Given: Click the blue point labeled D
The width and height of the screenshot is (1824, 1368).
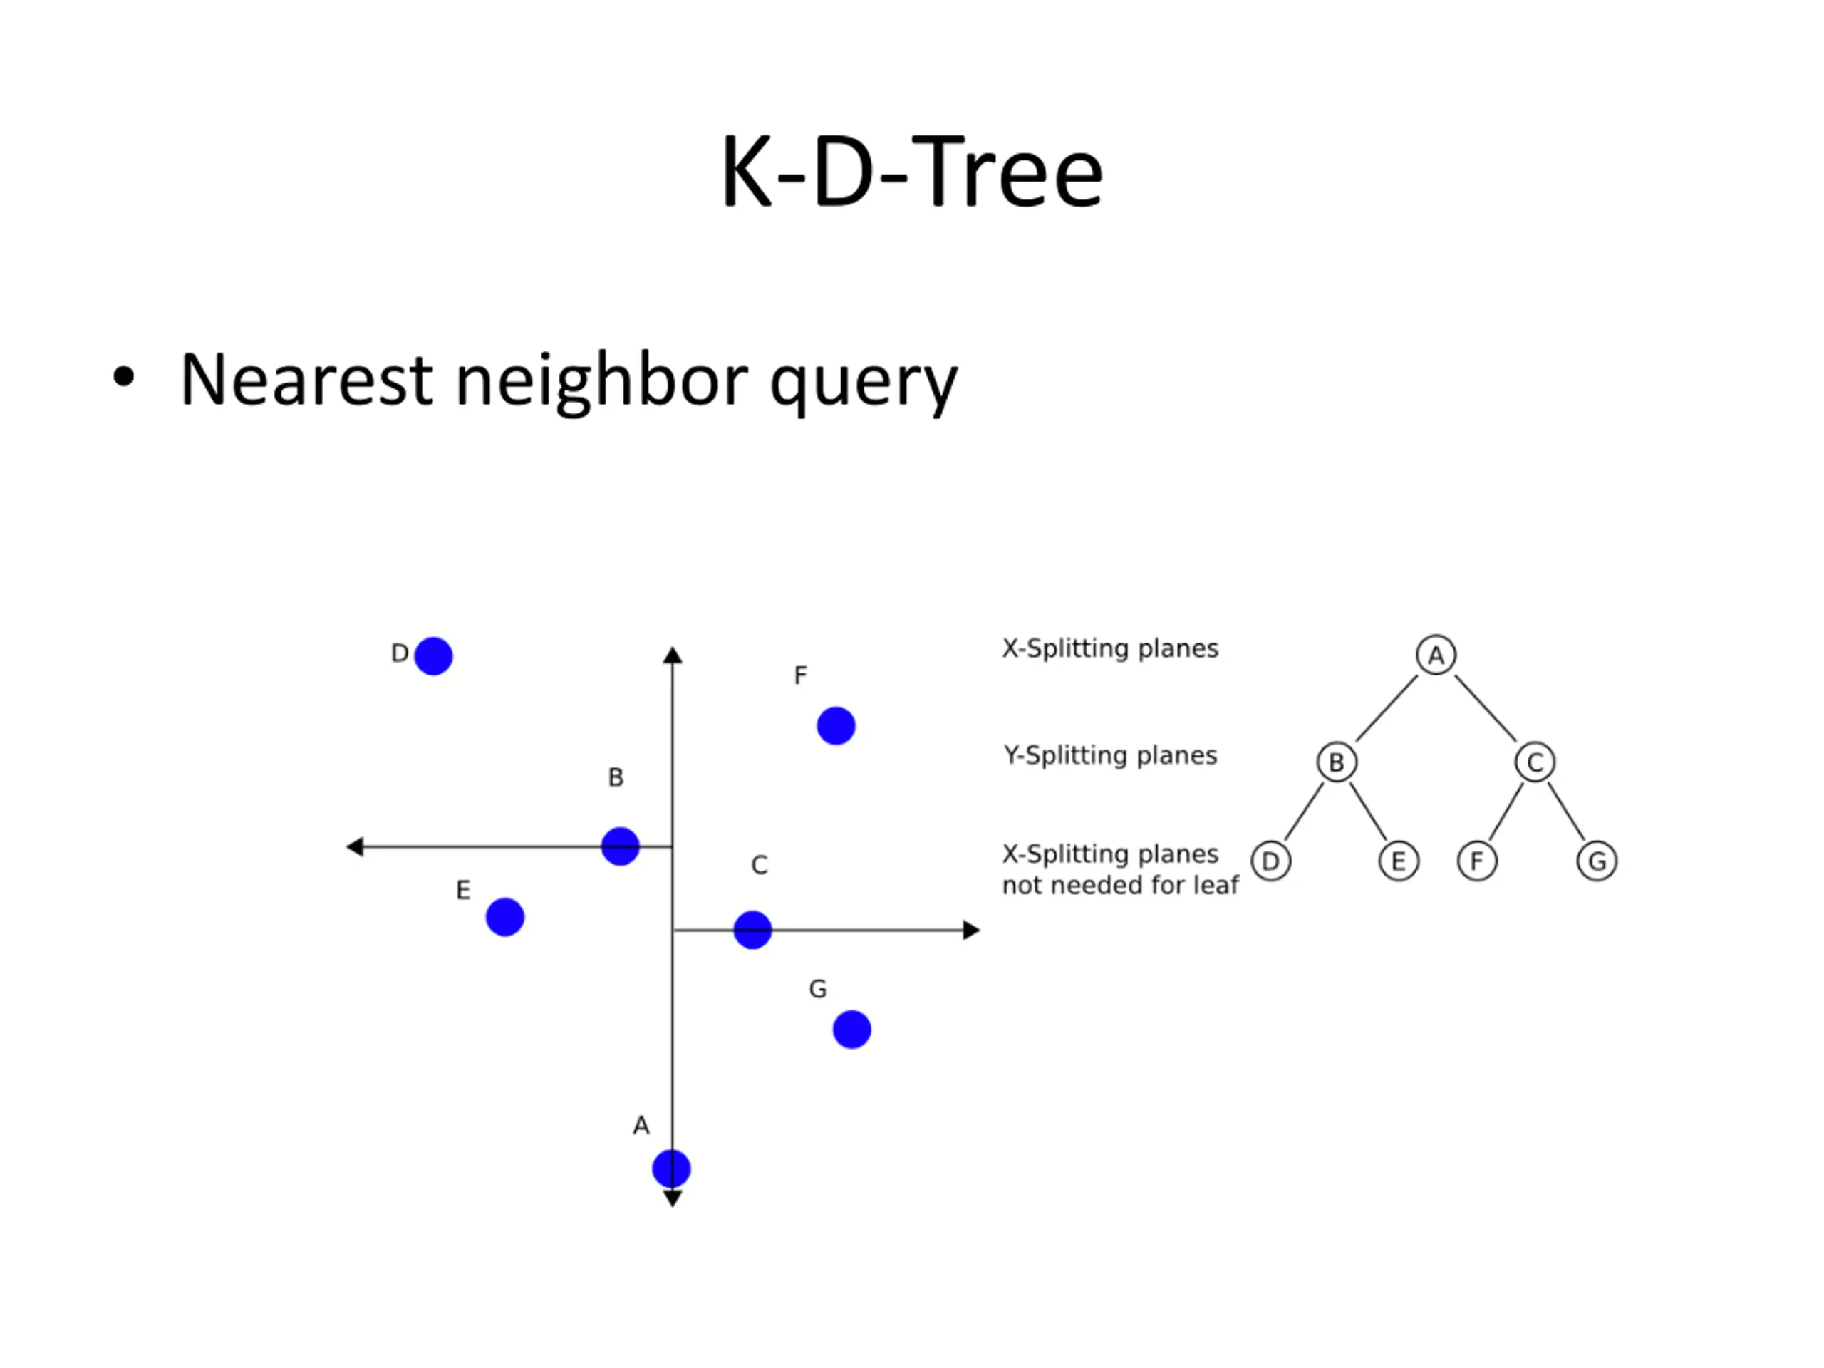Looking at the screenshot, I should pos(433,656).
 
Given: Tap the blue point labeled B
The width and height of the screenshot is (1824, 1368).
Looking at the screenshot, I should pos(620,846).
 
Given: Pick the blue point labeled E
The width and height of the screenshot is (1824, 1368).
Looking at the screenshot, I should pos(504,917).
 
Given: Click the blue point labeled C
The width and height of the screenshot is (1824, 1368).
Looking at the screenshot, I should pos(752,930).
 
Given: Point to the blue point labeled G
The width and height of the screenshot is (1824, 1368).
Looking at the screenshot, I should pos(852,1029).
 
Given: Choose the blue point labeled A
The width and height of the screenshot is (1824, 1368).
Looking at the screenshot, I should pos(671,1168).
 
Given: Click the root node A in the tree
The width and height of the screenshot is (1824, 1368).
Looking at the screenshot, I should pos(1436,655).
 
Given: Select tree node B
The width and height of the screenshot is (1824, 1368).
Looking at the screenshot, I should pos(1337,762).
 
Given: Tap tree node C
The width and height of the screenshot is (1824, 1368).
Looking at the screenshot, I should pos(1535,762).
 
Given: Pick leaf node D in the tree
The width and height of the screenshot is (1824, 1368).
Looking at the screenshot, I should pos(1270,861).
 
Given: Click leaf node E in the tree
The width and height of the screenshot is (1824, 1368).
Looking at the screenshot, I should pos(1399,861).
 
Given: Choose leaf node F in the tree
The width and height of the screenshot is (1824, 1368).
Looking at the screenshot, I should pos(1477,861).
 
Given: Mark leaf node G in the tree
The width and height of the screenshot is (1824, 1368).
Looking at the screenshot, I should pos(1597,861).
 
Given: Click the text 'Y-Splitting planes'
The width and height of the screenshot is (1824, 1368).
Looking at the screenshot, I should pos(1110,755).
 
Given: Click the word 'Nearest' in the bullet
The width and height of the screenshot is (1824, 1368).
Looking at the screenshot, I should pos(306,380).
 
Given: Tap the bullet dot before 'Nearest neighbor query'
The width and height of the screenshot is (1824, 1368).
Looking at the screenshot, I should pos(124,377).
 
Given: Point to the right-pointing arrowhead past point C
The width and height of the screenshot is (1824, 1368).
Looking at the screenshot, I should pos(971,930).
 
